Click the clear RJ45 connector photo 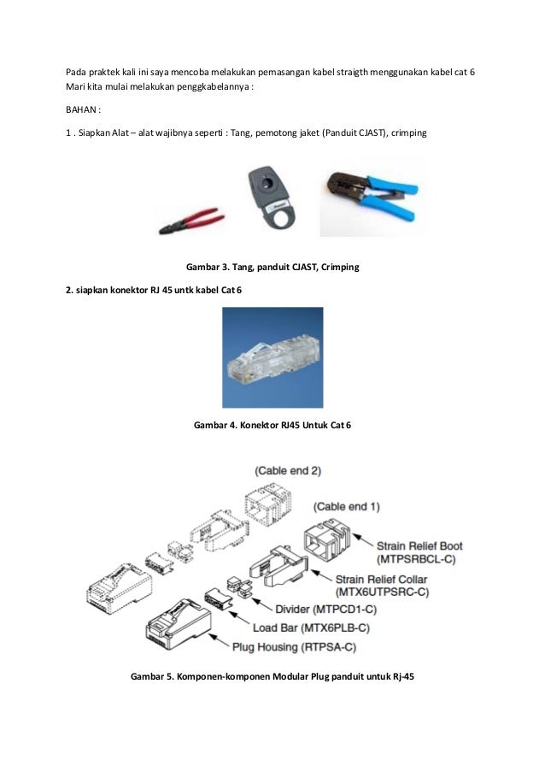coord(272,357)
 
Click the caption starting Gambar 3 coord(272,268)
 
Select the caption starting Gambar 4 coord(272,425)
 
